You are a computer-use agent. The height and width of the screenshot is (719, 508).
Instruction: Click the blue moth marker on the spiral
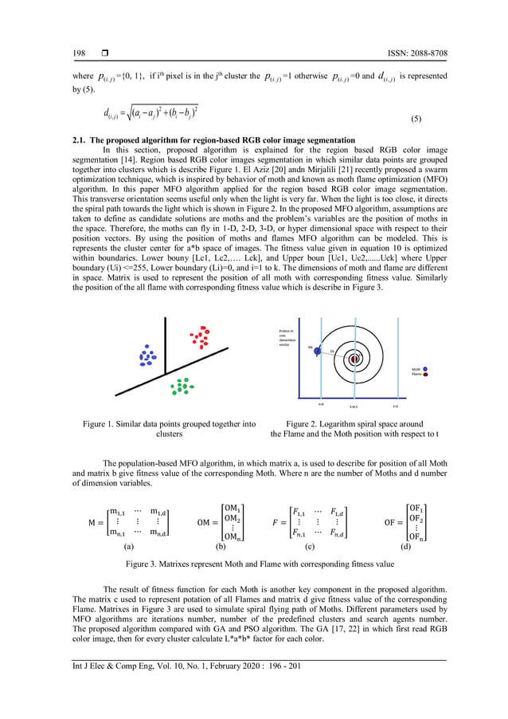click(x=317, y=349)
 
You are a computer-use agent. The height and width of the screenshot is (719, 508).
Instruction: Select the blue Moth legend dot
click(x=427, y=369)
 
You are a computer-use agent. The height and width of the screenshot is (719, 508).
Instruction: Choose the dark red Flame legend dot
click(x=427, y=375)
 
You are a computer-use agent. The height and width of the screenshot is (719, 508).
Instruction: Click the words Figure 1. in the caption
click(x=100, y=424)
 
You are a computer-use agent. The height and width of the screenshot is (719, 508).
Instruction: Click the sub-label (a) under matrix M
click(x=129, y=547)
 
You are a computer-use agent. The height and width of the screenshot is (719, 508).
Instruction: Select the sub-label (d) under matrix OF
click(x=406, y=547)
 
